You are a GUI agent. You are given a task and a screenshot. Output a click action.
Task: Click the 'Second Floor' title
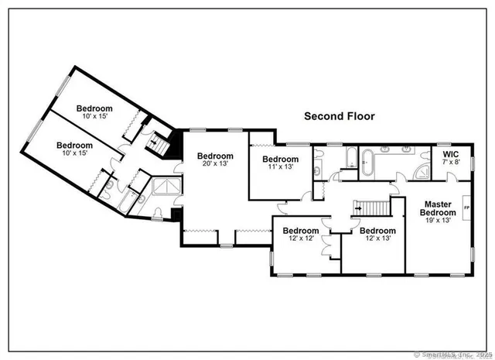pyautogui.click(x=339, y=116)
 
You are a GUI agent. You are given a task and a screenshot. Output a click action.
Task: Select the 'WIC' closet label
pyautogui.click(x=449, y=153)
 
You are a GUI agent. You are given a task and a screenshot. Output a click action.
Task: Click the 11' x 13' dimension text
pyautogui.click(x=279, y=168)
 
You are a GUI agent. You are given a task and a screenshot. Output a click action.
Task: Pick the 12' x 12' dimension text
pyautogui.click(x=300, y=240)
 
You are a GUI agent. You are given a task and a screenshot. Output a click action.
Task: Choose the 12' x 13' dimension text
pyautogui.click(x=377, y=240)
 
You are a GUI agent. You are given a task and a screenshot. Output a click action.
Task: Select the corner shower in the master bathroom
pyautogui.click(x=424, y=171)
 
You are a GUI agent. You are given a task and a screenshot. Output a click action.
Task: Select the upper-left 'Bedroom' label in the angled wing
pyautogui.click(x=94, y=108)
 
